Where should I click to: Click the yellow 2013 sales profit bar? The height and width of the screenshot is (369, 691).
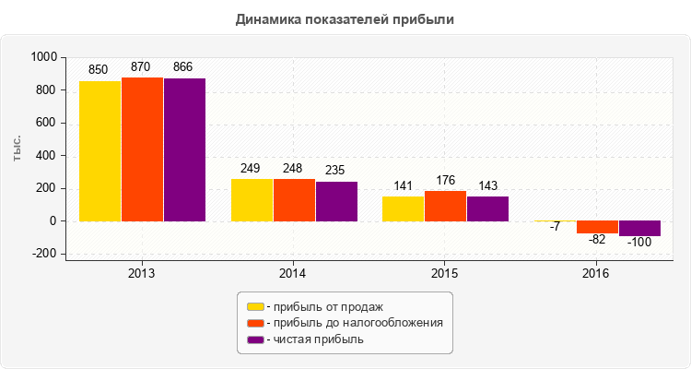point(100,151)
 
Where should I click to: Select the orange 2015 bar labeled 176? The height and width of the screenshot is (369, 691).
point(445,206)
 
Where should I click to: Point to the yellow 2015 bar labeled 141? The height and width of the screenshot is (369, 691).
point(403,208)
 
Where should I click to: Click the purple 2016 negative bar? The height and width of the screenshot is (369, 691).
point(639,229)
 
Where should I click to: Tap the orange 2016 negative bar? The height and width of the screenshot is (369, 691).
point(597,227)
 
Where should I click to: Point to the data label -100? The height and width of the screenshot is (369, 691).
point(639,242)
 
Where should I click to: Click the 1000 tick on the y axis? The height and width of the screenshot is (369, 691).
point(43,57)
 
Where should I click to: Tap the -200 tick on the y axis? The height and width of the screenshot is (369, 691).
point(43,254)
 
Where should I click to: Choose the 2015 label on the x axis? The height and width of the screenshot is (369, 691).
point(445,274)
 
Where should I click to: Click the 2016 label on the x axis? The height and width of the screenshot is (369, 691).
point(597,274)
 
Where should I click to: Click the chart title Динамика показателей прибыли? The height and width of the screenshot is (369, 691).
point(345,18)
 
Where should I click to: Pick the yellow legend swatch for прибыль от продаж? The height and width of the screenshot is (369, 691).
point(255,306)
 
